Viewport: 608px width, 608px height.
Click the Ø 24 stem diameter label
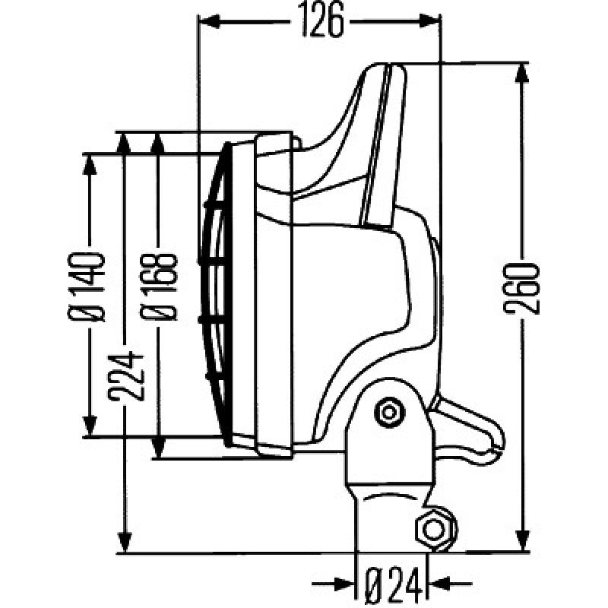(393, 584)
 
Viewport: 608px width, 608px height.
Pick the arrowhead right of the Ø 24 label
(439, 584)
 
